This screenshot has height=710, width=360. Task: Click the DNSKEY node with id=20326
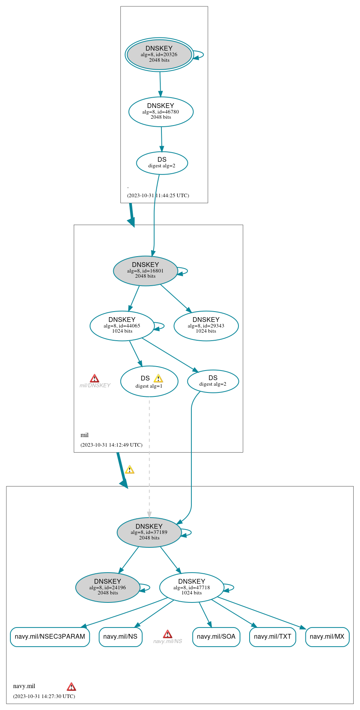pyautogui.click(x=159, y=55)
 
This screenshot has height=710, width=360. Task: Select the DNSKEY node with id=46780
pyautogui.click(x=161, y=112)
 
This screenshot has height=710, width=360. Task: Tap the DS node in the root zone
pyautogui.click(x=162, y=163)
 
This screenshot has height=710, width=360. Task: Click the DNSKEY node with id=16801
pyautogui.click(x=146, y=271)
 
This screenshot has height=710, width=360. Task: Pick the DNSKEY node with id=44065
pyautogui.click(x=122, y=326)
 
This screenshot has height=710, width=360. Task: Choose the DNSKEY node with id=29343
pyautogui.click(x=206, y=326)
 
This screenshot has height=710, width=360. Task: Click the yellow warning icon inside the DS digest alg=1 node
pyautogui.click(x=158, y=379)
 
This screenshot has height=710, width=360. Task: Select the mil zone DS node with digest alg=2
pyautogui.click(x=213, y=381)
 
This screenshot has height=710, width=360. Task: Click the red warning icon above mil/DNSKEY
pyautogui.click(x=94, y=378)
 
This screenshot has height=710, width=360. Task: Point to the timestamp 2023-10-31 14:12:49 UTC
pyautogui.click(x=111, y=445)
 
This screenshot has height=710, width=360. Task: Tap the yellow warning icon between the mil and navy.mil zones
pyautogui.click(x=130, y=470)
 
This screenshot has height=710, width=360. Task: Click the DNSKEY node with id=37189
pyautogui.click(x=149, y=533)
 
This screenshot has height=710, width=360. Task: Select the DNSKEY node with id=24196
pyautogui.click(x=108, y=588)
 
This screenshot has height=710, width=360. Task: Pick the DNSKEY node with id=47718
pyautogui.click(x=192, y=588)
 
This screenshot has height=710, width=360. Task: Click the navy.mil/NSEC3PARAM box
pyautogui.click(x=50, y=637)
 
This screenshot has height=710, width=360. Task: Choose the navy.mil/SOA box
pyautogui.click(x=216, y=637)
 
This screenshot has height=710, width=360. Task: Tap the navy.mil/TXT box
pyautogui.click(x=273, y=637)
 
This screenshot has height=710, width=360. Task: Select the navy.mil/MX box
pyautogui.click(x=327, y=637)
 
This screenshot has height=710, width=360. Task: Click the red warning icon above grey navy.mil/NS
pyautogui.click(x=168, y=634)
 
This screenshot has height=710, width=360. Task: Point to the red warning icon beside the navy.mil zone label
pyautogui.click(x=71, y=686)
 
